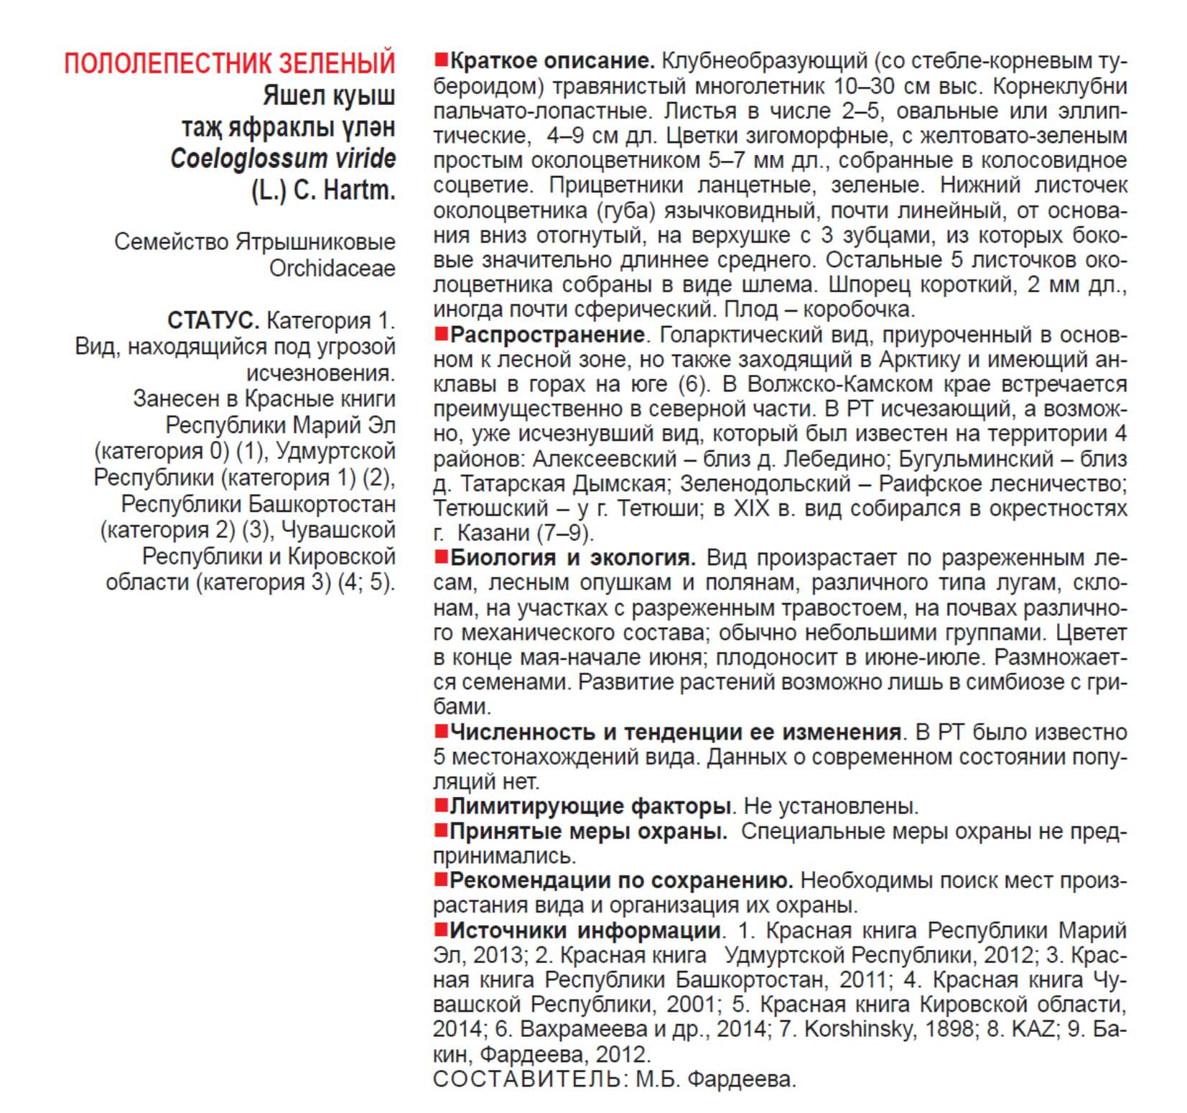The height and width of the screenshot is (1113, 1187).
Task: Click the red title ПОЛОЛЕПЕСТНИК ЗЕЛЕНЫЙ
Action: (230, 63)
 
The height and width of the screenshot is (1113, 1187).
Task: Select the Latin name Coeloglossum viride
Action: (283, 159)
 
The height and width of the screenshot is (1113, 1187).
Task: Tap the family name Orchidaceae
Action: (332, 269)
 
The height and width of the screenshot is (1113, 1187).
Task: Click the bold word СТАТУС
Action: (213, 320)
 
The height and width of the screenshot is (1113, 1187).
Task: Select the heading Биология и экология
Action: (572, 557)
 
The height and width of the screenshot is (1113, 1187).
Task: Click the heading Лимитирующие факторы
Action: (590, 806)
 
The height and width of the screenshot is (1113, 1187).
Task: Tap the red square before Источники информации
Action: (441, 930)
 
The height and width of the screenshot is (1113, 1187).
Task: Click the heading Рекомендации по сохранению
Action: (620, 880)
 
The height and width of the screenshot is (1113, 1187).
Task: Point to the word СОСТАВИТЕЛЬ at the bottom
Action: (528, 1079)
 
